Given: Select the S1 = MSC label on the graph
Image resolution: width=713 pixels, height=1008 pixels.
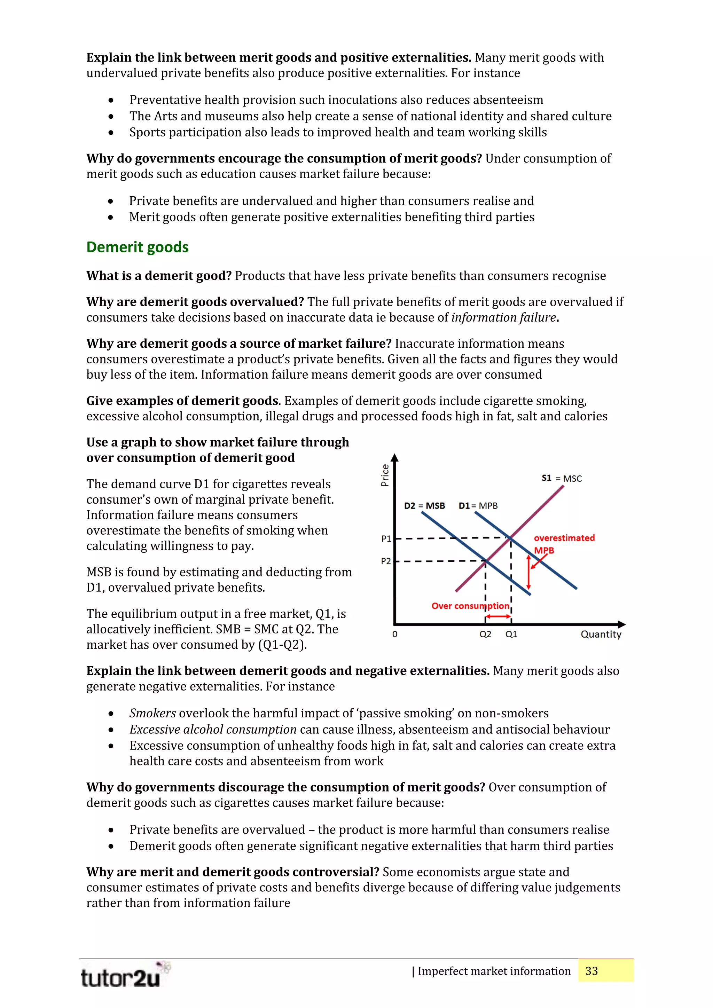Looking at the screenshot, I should pos(561,479).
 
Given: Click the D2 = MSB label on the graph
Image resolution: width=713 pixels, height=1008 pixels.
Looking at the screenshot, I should pos(424,506).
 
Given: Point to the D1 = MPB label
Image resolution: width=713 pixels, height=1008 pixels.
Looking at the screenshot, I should pos(478,506).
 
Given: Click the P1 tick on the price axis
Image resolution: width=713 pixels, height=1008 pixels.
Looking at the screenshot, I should pos(386,539).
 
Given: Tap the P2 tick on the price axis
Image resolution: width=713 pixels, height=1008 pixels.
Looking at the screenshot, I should pos(386,561).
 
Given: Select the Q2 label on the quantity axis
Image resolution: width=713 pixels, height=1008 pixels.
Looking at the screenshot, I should pos(485,635).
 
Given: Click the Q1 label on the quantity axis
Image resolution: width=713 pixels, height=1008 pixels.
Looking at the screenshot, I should pos(511,635).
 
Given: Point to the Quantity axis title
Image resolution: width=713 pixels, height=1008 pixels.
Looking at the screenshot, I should pos(601,635).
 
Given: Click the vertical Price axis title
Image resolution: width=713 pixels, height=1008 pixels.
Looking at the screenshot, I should pos(385,475).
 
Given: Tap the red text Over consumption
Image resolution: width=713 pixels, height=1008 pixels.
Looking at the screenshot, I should pos(470,606).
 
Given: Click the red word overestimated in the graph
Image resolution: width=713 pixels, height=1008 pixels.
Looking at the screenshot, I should pos(564,538).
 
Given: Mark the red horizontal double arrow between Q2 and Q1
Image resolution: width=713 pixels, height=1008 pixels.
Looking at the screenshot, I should pos(498,617).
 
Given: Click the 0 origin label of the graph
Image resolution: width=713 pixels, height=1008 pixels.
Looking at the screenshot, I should pos(395,635).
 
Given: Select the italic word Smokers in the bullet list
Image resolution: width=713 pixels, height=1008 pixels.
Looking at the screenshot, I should pos(152,714).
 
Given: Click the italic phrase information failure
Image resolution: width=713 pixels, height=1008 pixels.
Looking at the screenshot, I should pos(503,317).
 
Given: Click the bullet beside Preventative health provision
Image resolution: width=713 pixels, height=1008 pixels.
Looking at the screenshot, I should pos(111,101).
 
